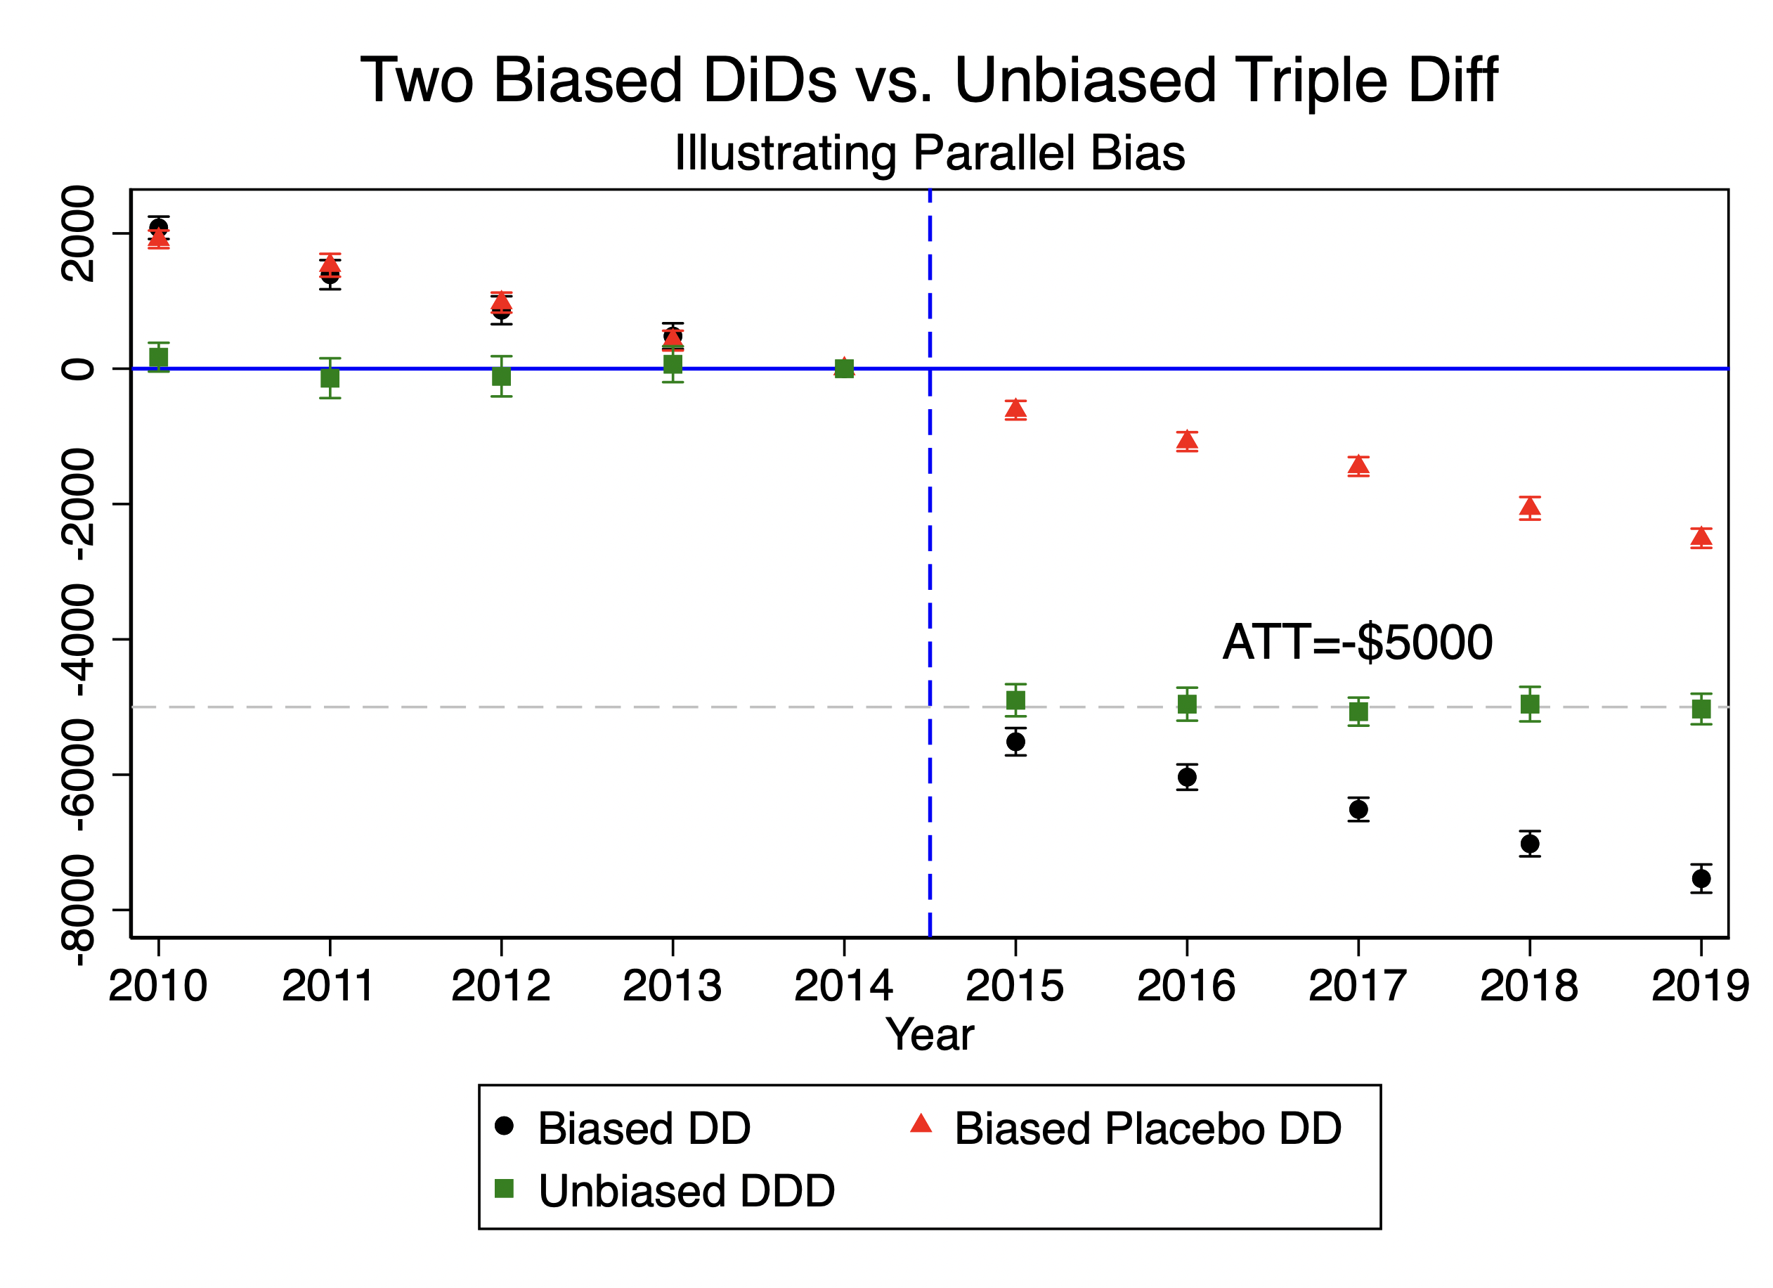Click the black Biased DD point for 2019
[x=1701, y=879]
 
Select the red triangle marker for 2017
[x=1358, y=465]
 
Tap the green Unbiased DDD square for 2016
[x=1188, y=704]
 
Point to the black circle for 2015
[x=1015, y=741]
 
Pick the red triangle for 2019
[x=1701, y=536]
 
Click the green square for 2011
[x=330, y=378]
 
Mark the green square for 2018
[x=1530, y=704]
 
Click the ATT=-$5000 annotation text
[x=1358, y=643]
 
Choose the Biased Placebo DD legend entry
[x=1126, y=1128]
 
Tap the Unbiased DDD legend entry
[x=665, y=1191]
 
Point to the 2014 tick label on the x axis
[x=843, y=986]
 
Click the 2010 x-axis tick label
[x=158, y=986]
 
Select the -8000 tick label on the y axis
[x=78, y=910]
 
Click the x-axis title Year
[x=930, y=1035]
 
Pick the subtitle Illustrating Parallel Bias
[x=930, y=153]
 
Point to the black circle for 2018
[x=1530, y=844]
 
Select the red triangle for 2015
[x=1015, y=408]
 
